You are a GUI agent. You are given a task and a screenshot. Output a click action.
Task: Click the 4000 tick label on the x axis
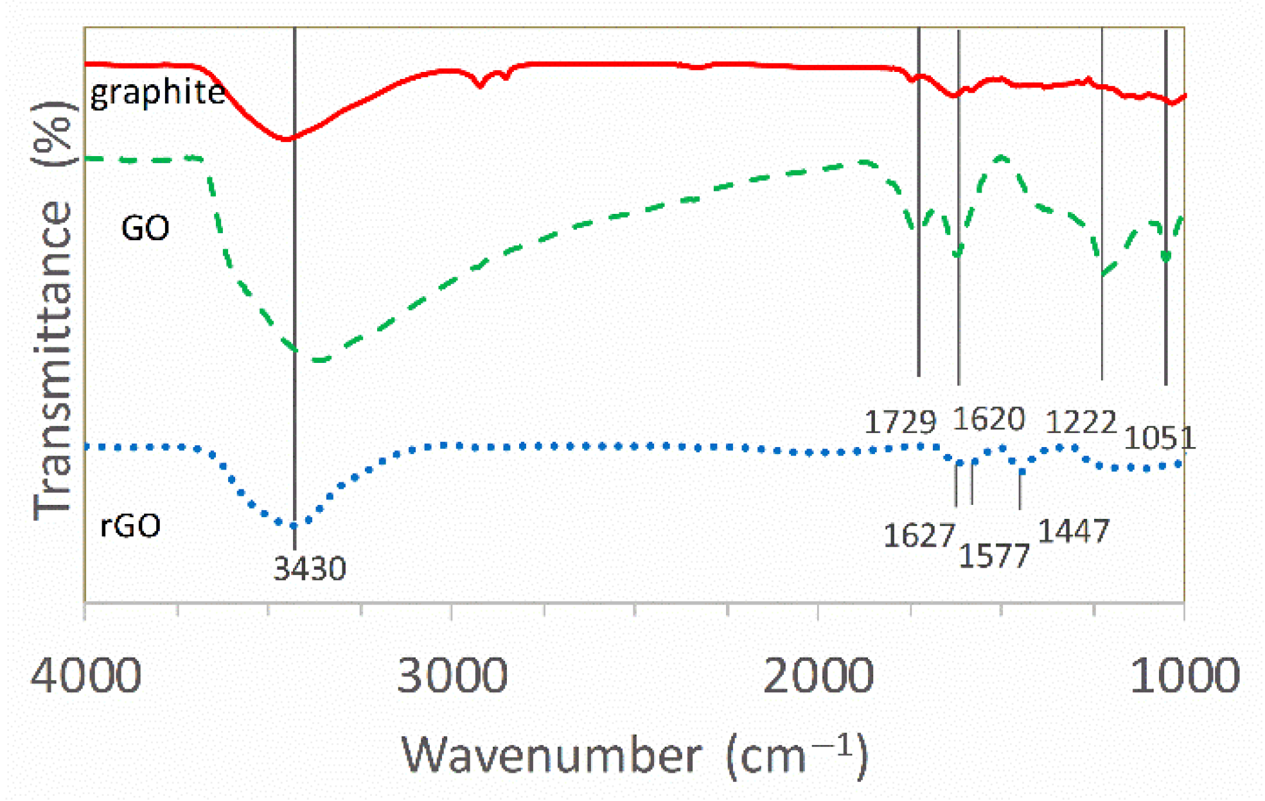click(x=85, y=676)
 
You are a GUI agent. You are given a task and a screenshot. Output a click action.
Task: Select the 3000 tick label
click(x=452, y=676)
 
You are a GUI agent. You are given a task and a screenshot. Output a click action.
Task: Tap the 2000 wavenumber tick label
click(x=818, y=676)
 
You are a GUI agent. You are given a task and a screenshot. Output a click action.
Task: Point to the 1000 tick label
click(x=1185, y=676)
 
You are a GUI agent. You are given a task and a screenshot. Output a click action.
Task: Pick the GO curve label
click(x=145, y=228)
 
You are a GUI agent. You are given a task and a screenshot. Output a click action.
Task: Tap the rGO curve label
click(x=130, y=526)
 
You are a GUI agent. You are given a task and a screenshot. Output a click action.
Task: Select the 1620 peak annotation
click(x=988, y=419)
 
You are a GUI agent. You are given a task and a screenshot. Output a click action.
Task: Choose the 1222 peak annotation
click(x=1081, y=423)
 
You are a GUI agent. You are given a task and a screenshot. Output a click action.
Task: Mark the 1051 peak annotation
click(x=1160, y=439)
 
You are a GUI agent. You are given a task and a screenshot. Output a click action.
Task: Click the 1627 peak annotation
click(x=919, y=536)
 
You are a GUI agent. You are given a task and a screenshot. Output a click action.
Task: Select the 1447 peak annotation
click(x=1074, y=532)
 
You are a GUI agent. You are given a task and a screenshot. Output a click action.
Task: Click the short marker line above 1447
click(x=1020, y=490)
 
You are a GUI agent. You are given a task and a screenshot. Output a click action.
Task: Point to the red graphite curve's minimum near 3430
click(x=287, y=138)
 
